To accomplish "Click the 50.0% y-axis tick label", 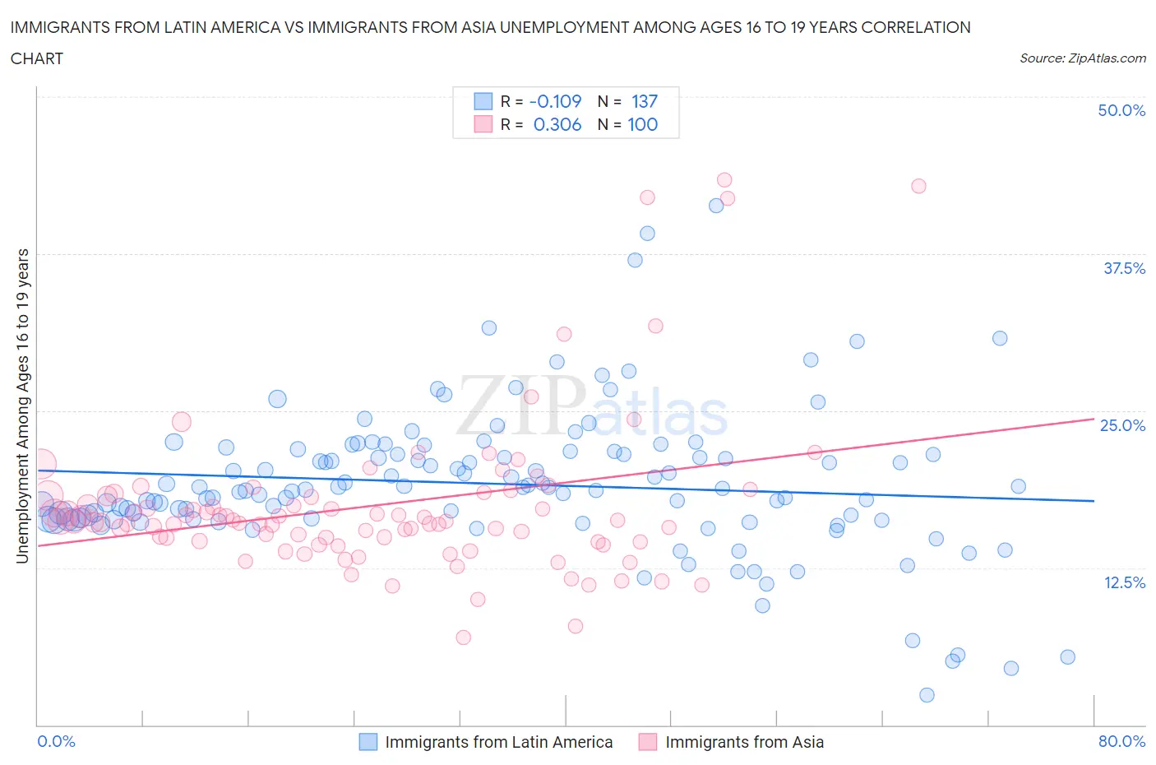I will tap(1121, 110).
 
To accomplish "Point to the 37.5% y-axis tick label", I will tap(1124, 268).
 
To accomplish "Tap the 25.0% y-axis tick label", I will tap(1122, 425).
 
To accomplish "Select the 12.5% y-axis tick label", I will tap(1124, 582).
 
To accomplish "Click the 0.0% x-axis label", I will tap(57, 741).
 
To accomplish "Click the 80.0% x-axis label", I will tap(1121, 741).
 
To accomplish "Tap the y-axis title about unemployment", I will tap(22, 406).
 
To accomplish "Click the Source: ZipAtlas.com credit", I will tap(1082, 58).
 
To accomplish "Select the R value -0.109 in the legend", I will tap(555, 101).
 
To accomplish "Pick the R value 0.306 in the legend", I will tap(557, 124).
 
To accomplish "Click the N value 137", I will tap(645, 101).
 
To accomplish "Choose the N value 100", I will tap(642, 124).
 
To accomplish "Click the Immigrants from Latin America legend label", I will tap(498, 742).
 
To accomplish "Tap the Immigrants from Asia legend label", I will tap(744, 742).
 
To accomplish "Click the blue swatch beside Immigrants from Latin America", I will tap(368, 742).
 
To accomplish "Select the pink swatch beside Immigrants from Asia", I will tap(648, 742).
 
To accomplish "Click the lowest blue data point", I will tap(927, 695).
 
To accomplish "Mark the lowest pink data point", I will tap(463, 637).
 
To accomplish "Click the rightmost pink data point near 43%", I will tap(918, 186).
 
